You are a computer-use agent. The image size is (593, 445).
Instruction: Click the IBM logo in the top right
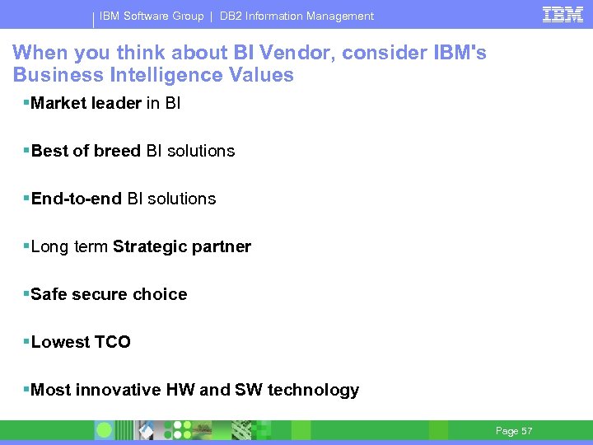click(563, 15)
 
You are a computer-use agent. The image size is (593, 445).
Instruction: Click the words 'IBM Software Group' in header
click(152, 16)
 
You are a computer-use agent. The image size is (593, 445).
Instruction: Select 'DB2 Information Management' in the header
click(296, 16)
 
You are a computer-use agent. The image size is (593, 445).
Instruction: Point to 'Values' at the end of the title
click(264, 75)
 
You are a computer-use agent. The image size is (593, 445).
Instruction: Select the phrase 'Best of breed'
click(86, 151)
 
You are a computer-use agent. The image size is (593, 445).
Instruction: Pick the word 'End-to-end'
click(76, 199)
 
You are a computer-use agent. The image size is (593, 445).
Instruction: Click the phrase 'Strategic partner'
click(182, 246)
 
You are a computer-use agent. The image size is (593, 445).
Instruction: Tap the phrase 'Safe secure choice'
click(109, 294)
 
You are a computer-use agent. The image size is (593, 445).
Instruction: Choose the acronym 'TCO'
click(112, 342)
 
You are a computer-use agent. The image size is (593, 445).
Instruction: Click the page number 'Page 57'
click(514, 431)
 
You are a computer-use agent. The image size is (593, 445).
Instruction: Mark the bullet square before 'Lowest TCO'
click(26, 340)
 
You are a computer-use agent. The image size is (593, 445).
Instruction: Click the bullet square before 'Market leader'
click(26, 101)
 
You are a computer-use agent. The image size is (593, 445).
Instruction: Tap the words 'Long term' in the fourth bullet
click(69, 246)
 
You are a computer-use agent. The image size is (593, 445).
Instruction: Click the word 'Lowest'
click(60, 342)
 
